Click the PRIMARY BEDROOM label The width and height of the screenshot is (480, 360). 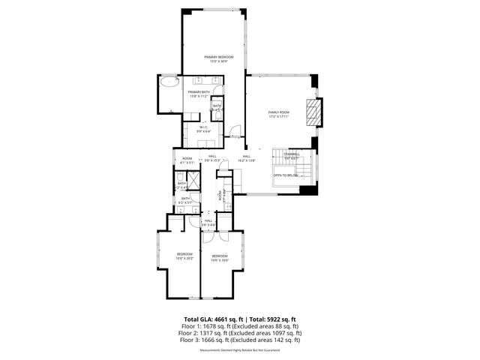pyautogui.click(x=220, y=59)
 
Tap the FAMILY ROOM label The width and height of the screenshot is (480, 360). pyautogui.click(x=279, y=114)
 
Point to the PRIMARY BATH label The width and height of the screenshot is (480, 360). pyautogui.click(x=199, y=94)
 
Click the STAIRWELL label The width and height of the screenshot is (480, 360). pyautogui.click(x=291, y=156)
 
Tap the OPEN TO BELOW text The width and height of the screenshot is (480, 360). pyautogui.click(x=286, y=175)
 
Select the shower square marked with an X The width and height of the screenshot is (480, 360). pyautogui.click(x=193, y=181)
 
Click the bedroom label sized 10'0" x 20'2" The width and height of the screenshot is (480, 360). pyautogui.click(x=185, y=256)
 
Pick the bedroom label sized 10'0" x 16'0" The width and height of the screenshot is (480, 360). pyautogui.click(x=219, y=259)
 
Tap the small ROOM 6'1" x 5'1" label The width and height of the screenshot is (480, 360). pyautogui.click(x=187, y=160)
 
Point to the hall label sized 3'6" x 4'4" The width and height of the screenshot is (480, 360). pyautogui.click(x=208, y=222)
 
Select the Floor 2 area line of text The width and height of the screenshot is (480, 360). pyautogui.click(x=240, y=332)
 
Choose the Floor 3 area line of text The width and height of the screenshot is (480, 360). pyautogui.click(x=240, y=340)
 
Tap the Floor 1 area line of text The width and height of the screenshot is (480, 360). pyautogui.click(x=240, y=325)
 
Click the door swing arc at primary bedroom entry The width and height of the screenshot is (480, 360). pyautogui.click(x=235, y=133)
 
